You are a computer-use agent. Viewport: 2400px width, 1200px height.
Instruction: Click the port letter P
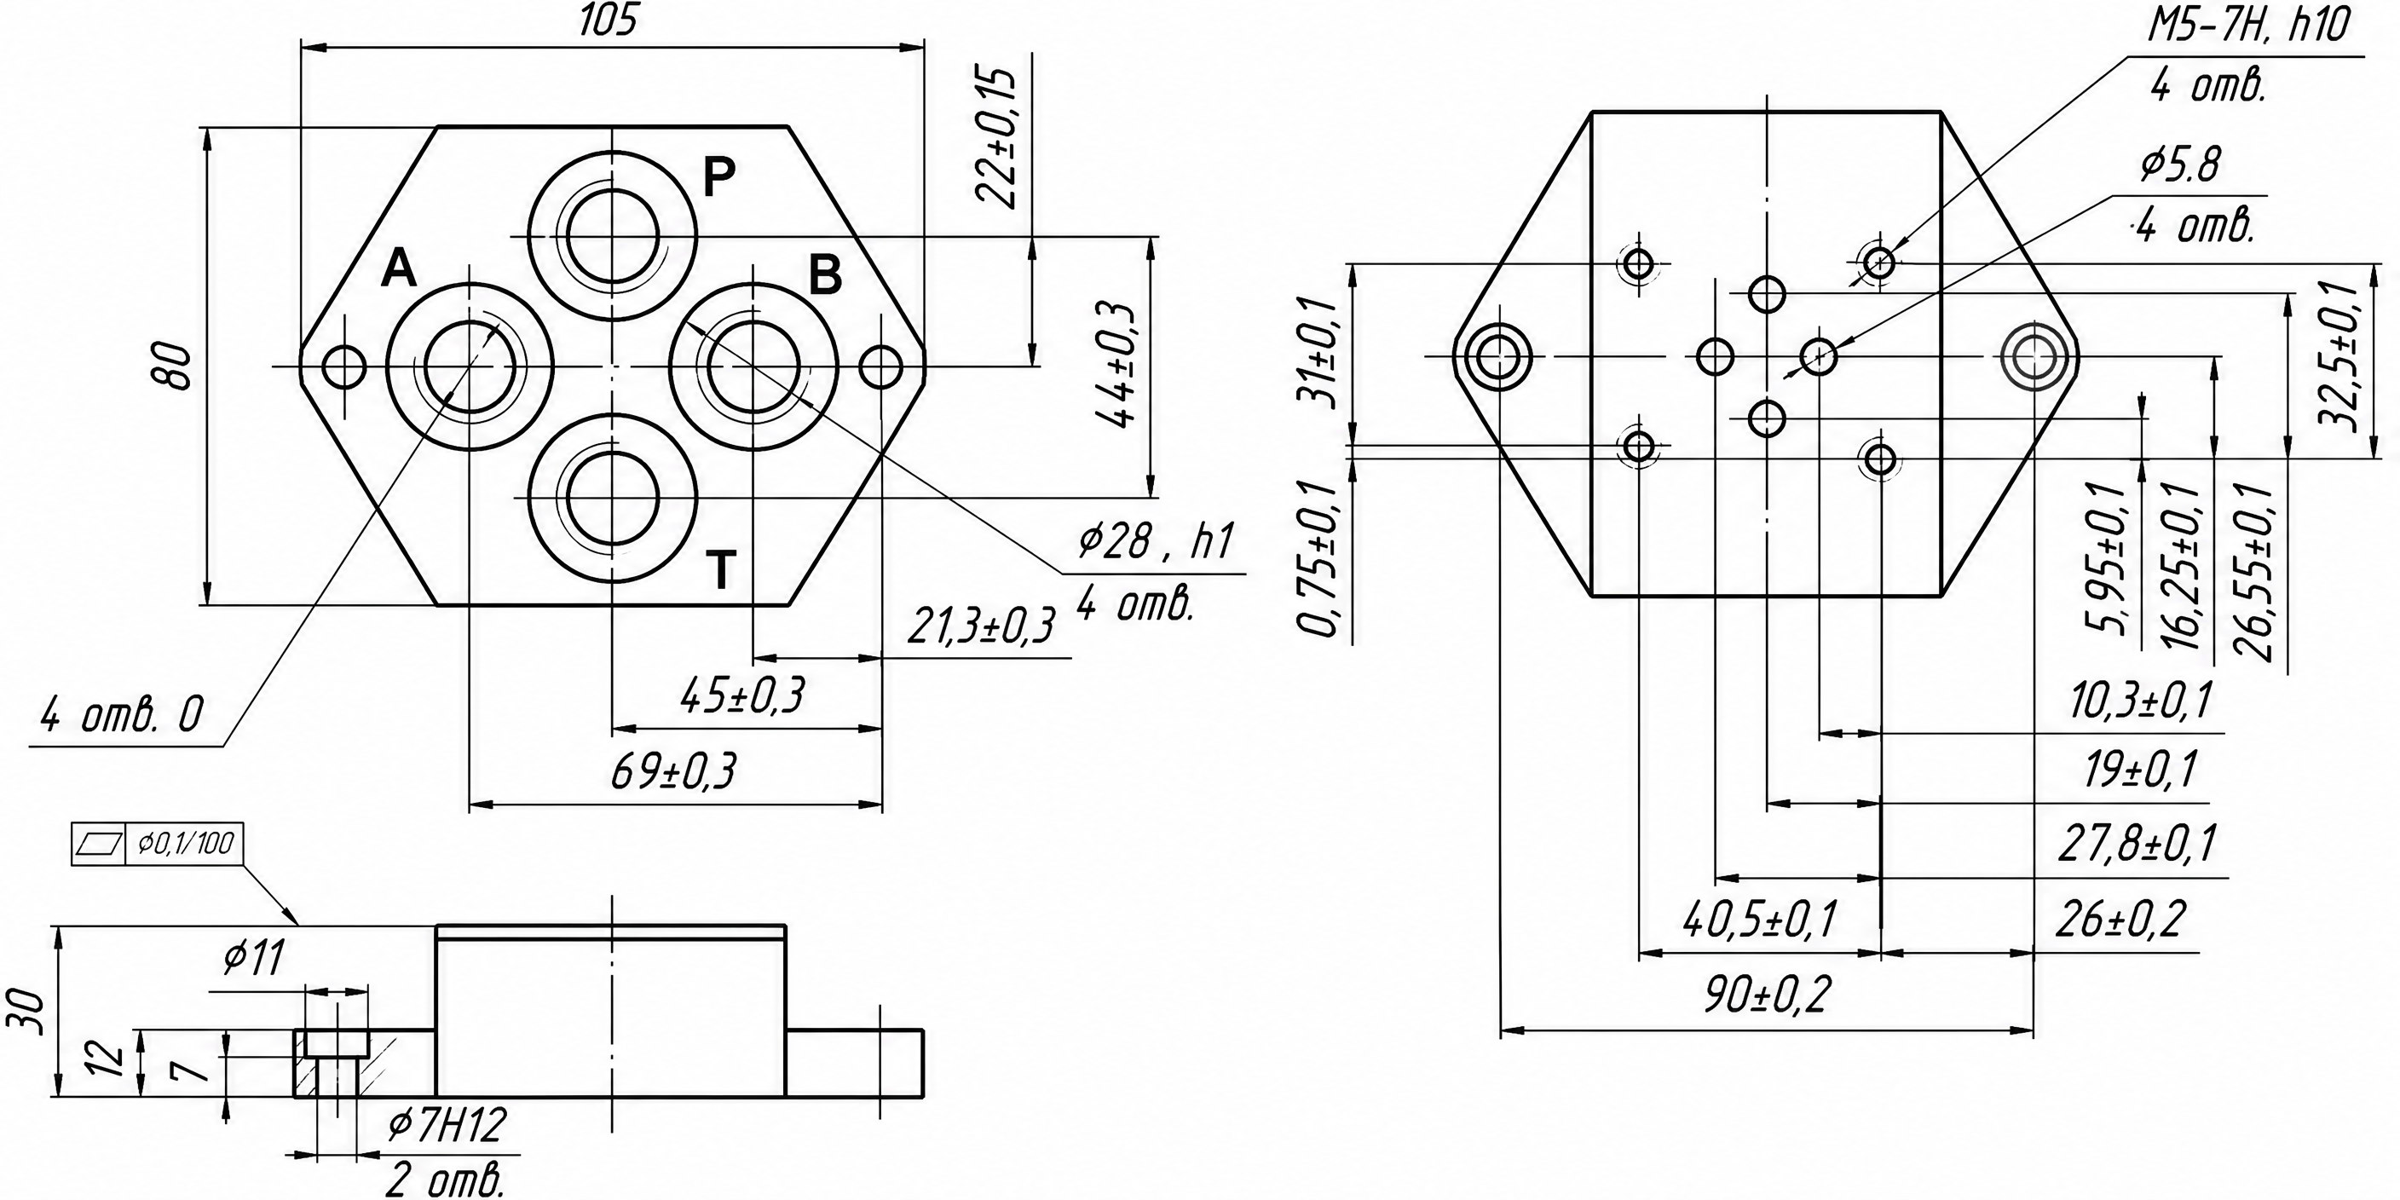tap(719, 176)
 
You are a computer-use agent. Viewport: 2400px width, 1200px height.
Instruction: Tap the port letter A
tap(399, 268)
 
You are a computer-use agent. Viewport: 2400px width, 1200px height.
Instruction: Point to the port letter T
tap(721, 569)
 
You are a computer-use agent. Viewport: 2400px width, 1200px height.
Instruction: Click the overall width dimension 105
tap(609, 20)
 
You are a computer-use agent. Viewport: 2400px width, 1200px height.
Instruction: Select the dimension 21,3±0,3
tap(980, 626)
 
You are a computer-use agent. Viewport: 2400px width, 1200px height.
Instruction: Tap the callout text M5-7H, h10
tap(2247, 28)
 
